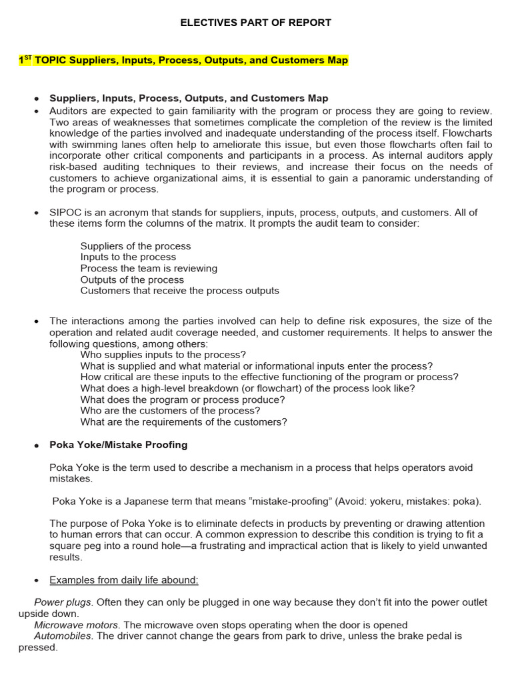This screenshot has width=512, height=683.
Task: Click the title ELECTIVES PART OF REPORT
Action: coord(256,23)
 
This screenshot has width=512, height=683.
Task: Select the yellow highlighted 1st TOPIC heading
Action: coord(183,61)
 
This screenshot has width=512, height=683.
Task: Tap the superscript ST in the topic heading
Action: coord(27,58)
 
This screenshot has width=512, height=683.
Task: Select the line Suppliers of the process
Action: coord(135,246)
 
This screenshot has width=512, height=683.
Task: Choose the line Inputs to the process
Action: coord(128,257)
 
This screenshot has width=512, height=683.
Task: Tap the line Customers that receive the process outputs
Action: coord(179,291)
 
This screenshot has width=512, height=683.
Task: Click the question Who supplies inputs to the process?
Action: coord(163,355)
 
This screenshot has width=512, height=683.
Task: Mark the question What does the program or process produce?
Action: coord(182,400)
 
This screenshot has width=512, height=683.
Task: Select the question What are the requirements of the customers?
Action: coord(183,422)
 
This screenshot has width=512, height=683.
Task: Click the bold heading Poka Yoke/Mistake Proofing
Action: coord(119,444)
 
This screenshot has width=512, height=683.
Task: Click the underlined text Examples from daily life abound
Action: coord(124,580)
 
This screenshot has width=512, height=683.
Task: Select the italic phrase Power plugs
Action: coord(63,602)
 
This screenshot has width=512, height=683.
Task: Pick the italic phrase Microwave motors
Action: coord(77,625)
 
